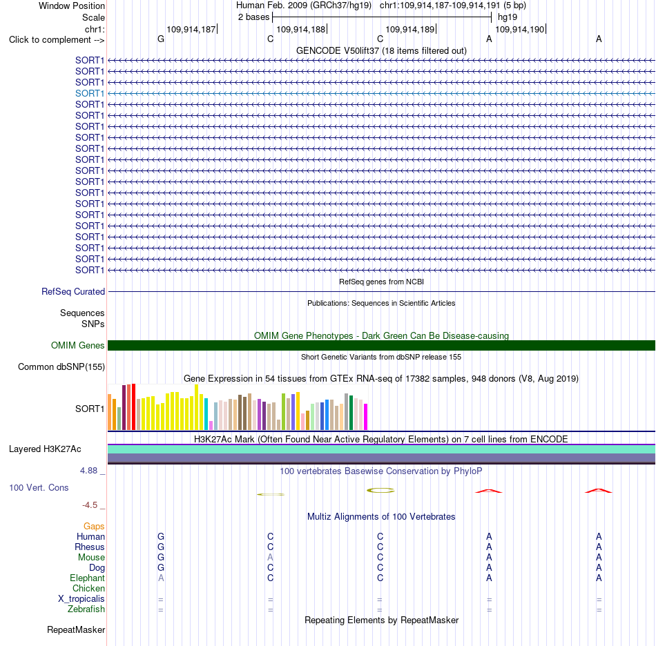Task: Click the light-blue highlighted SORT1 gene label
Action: pos(90,93)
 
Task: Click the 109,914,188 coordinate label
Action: pos(301,29)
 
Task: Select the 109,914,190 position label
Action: pos(519,29)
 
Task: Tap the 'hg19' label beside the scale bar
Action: pos(508,17)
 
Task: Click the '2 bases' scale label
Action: pos(254,17)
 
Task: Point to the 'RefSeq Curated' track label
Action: pos(73,291)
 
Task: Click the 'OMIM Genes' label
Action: pos(78,345)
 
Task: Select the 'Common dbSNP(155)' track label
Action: pos(61,366)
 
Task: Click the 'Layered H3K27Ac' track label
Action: pos(45,449)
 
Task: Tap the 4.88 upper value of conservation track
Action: pos(88,471)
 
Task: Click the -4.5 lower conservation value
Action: pos(90,505)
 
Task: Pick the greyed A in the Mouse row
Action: pos(270,558)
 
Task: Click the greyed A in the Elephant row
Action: pos(161,578)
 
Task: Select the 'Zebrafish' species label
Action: pos(86,609)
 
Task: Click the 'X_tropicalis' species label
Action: pos(81,599)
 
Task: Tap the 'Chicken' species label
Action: pos(88,588)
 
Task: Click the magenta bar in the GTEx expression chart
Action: pos(366,417)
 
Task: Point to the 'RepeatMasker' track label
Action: pos(76,629)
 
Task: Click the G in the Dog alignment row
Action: pos(161,568)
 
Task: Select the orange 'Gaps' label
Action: pos(94,526)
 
